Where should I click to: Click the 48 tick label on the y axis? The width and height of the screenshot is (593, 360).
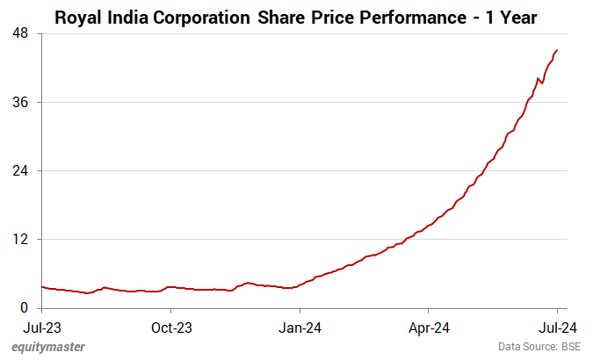pyautogui.click(x=19, y=33)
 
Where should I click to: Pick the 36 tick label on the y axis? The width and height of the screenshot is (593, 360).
pyautogui.click(x=19, y=102)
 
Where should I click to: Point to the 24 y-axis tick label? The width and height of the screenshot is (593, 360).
pyautogui.click(x=19, y=170)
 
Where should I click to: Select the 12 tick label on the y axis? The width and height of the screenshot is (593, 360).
pyautogui.click(x=19, y=239)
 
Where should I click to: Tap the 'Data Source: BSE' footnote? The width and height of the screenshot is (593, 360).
pyautogui.click(x=539, y=347)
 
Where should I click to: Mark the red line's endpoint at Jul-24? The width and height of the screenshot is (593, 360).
pyautogui.click(x=557, y=50)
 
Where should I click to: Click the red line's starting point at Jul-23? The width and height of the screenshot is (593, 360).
pyautogui.click(x=42, y=286)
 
